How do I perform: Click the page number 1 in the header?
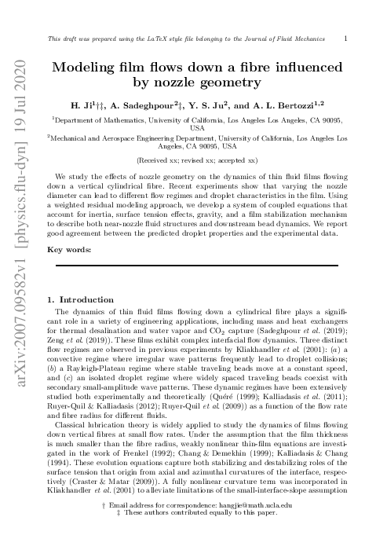tap(347, 37)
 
